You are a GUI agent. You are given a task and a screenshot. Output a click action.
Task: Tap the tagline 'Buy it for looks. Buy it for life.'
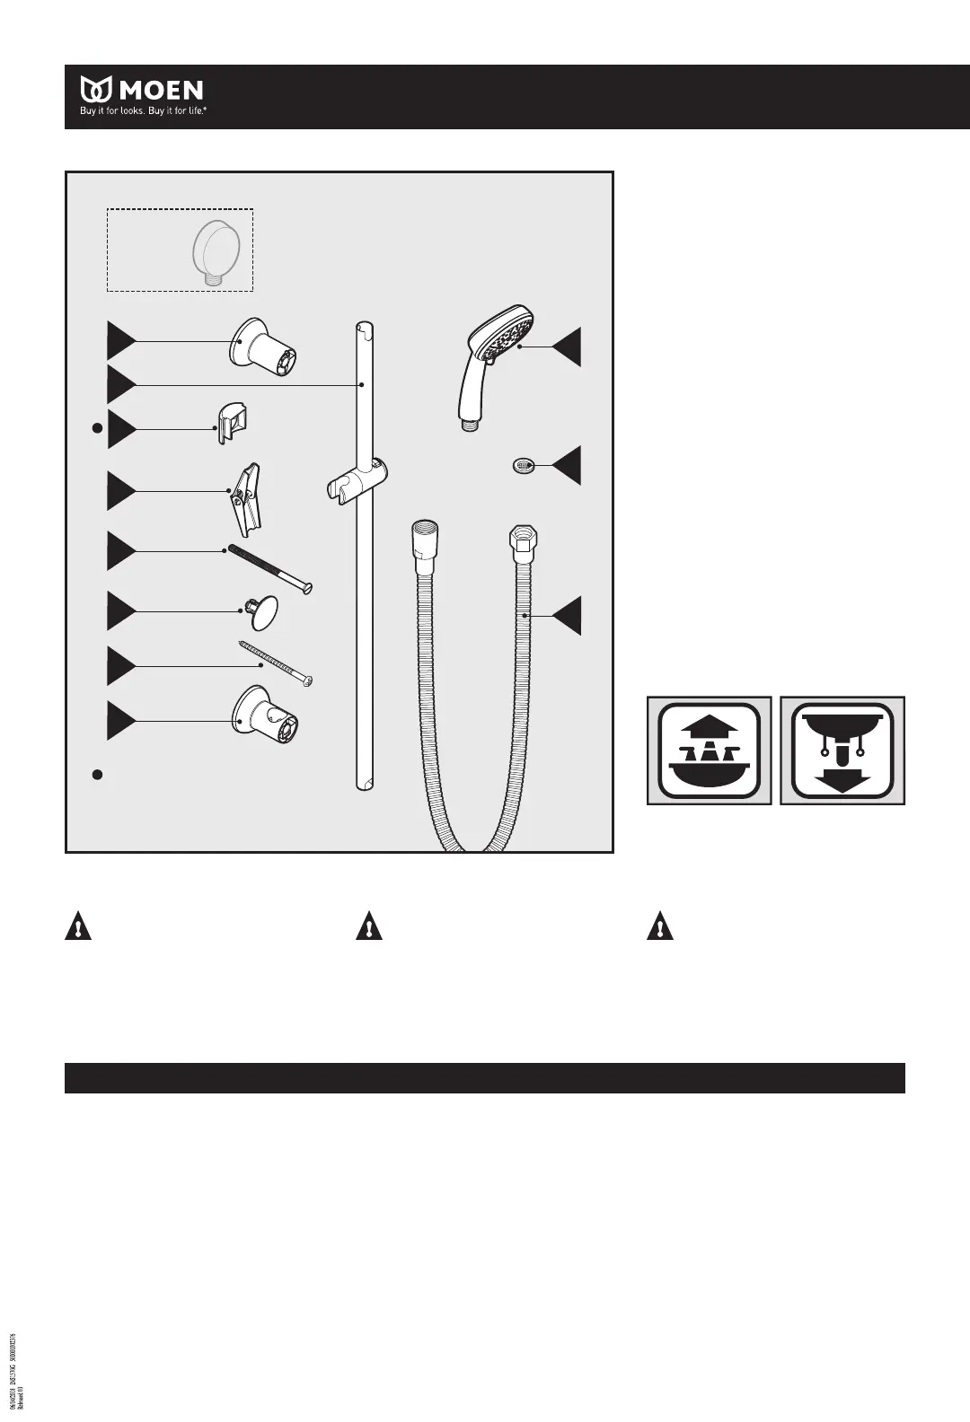144,114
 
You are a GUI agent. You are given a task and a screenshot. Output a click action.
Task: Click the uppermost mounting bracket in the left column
263,346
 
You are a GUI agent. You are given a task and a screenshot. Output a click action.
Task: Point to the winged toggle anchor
244,497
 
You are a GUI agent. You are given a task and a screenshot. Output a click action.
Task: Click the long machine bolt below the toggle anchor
269,568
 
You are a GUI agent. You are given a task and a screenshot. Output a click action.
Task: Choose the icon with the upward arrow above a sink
710,750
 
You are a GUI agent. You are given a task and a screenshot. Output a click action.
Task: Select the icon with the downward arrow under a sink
842,750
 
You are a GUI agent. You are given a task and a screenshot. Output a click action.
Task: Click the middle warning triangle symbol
369,926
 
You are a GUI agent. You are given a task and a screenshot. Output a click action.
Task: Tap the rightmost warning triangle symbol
660,926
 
